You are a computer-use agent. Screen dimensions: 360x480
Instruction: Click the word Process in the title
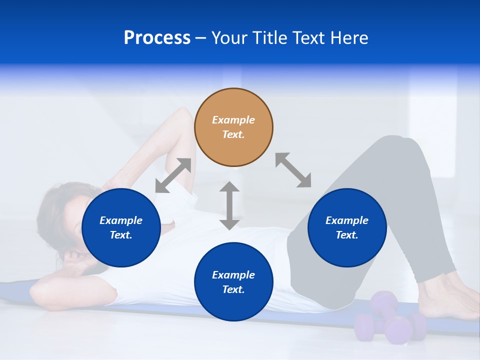tap(157, 38)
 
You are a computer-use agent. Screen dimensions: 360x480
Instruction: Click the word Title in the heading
tap(268, 38)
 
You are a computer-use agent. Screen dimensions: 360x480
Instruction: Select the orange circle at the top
tap(233, 127)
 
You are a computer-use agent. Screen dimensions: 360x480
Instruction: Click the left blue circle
tap(121, 227)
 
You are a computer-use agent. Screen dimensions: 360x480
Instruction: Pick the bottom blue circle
tap(233, 282)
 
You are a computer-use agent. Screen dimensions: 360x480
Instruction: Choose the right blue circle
tap(347, 227)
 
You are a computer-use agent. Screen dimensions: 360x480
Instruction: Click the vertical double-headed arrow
tap(229, 205)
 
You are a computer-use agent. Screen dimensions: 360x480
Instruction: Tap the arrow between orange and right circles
tap(293, 170)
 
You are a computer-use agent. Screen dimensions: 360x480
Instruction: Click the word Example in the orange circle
tap(233, 120)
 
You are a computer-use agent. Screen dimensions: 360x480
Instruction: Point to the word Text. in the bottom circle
tap(233, 289)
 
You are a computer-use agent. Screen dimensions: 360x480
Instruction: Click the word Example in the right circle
tap(347, 220)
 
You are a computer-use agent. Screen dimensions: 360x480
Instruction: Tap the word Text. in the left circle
tap(121, 235)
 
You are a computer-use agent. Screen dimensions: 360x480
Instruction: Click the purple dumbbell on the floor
tap(390, 320)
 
